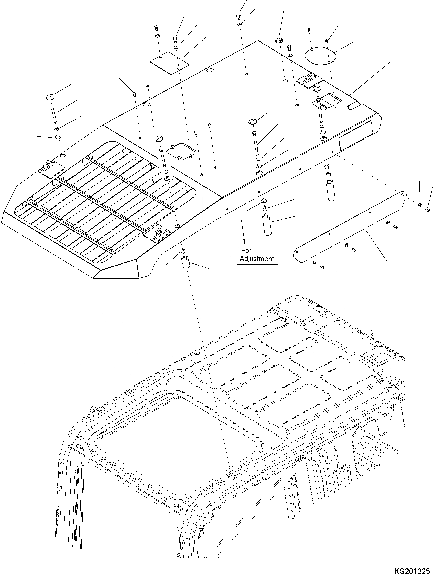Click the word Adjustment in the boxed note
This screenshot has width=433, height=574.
click(x=257, y=259)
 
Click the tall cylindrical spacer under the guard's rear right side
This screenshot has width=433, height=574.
click(x=330, y=190)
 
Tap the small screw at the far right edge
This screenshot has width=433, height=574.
click(x=428, y=210)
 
